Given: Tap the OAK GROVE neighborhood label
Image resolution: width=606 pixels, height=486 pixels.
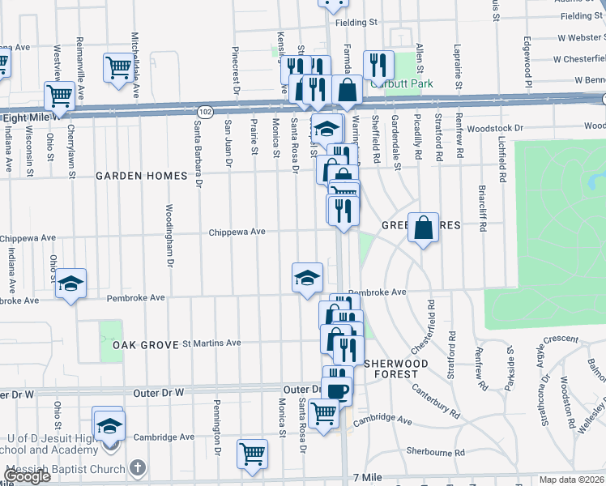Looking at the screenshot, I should click(x=145, y=344).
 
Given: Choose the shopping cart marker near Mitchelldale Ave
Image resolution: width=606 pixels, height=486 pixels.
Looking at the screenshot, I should click(x=118, y=67).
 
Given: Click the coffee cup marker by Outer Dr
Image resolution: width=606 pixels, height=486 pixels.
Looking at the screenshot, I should click(x=336, y=391).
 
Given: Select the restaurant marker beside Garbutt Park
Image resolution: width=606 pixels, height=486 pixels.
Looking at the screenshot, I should click(x=378, y=64).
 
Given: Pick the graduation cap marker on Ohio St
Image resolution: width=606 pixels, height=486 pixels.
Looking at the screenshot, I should click(x=71, y=283).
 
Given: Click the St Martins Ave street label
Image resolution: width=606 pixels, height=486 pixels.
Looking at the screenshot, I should click(x=211, y=343).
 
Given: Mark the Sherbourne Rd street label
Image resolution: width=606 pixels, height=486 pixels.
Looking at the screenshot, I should click(x=436, y=452).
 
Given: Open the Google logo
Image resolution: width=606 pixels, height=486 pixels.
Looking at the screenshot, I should click(x=27, y=476).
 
